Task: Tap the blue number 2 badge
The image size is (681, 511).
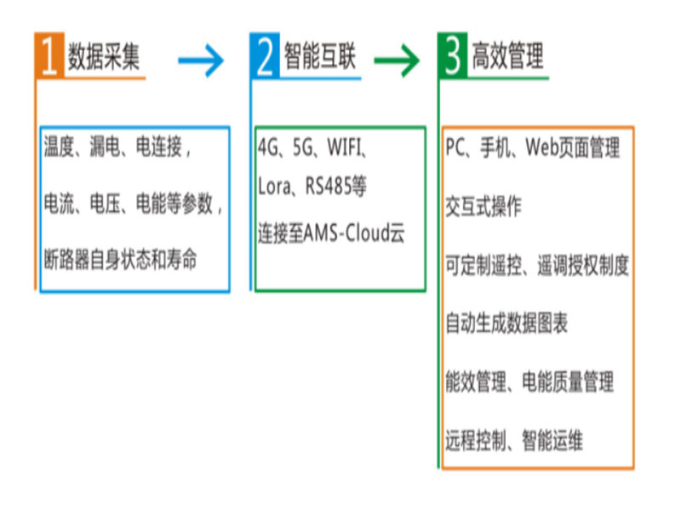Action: [266, 56]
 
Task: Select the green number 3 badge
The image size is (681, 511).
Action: [454, 56]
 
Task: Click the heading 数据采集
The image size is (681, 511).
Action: [103, 56]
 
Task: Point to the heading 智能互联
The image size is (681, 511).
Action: [319, 56]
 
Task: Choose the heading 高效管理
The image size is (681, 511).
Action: [508, 56]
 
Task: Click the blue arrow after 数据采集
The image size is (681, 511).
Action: [201, 60]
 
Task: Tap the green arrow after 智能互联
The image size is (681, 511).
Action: [398, 60]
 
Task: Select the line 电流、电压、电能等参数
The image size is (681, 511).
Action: [133, 204]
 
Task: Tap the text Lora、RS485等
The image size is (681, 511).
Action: [312, 186]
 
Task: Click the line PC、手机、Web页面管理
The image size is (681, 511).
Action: [533, 146]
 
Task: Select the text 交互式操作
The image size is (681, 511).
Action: [483, 206]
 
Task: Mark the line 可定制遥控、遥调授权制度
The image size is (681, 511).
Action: [537, 265]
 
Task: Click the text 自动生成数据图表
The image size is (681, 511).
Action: [506, 324]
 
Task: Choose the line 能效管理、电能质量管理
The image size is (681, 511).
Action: [529, 382]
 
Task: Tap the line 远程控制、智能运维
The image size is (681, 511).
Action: [513, 441]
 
